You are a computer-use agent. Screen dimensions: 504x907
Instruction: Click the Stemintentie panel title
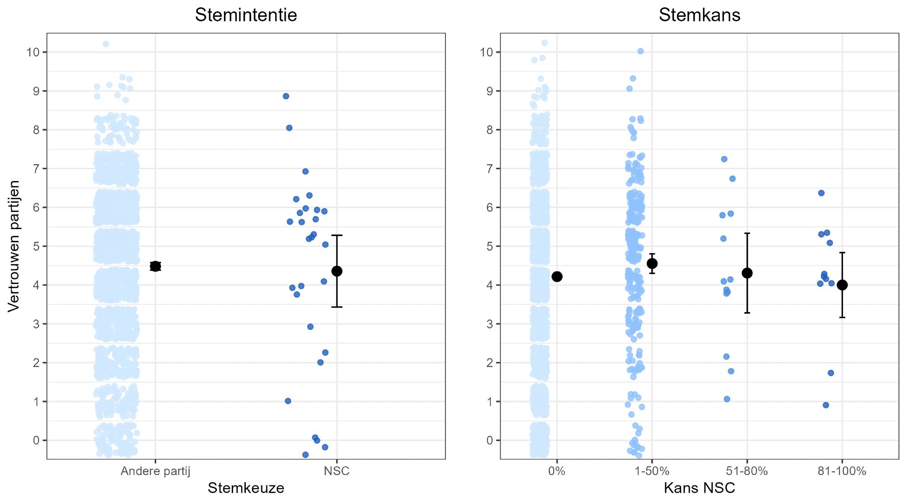click(x=246, y=15)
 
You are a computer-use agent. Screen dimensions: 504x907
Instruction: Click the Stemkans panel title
click(x=699, y=15)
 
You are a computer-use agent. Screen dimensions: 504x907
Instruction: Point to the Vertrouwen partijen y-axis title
click(x=14, y=246)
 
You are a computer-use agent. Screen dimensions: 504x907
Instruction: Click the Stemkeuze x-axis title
click(x=246, y=488)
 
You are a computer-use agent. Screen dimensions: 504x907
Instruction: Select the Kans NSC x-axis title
click(x=699, y=488)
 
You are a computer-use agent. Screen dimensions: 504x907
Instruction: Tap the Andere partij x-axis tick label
click(x=156, y=471)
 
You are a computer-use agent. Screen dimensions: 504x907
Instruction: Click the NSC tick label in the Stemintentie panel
click(x=336, y=471)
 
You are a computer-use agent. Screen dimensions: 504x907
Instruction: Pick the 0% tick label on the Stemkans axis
click(x=556, y=471)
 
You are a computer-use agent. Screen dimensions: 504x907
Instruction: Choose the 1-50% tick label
click(x=652, y=471)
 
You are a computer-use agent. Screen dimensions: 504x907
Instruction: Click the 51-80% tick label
click(x=747, y=471)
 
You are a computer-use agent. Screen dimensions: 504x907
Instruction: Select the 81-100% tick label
click(x=842, y=471)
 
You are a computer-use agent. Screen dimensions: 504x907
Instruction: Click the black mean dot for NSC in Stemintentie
click(x=337, y=271)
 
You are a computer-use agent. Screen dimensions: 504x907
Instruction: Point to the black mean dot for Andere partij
click(x=156, y=266)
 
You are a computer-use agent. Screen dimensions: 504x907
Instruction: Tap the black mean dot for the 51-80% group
click(x=747, y=273)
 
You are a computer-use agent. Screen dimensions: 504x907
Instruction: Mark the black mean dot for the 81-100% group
click(x=842, y=285)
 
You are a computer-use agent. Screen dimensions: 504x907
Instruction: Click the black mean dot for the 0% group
click(x=557, y=277)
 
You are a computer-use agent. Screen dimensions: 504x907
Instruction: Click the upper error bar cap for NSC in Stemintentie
click(x=337, y=235)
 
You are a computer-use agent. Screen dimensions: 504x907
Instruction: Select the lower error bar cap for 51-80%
click(x=747, y=313)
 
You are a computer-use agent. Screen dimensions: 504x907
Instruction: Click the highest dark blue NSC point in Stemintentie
click(x=286, y=96)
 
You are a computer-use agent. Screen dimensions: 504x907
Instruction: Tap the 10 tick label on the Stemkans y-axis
click(x=486, y=52)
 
